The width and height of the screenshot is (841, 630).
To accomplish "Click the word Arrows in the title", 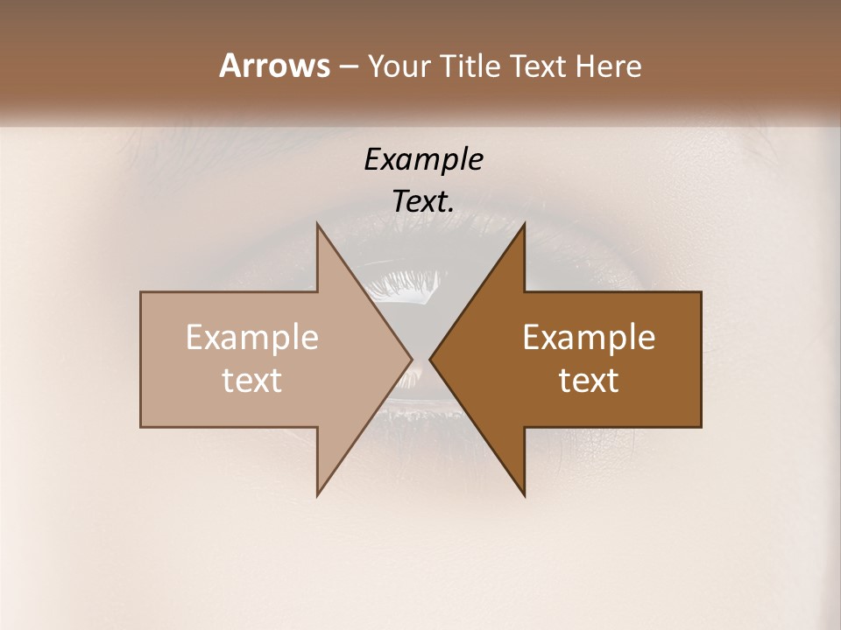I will [x=274, y=66].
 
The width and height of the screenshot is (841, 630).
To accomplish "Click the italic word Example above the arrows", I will [x=423, y=160].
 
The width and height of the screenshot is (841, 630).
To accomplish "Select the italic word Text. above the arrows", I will [x=423, y=202].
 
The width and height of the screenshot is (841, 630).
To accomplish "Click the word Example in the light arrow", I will [x=251, y=338].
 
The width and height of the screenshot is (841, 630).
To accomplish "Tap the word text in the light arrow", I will [x=251, y=381].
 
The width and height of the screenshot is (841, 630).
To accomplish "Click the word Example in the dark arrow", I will [x=589, y=338].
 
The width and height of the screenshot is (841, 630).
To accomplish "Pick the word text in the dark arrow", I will [x=589, y=381].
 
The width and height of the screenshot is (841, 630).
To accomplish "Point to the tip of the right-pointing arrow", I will [x=412, y=359].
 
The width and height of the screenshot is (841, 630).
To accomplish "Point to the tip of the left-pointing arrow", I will [x=430, y=359].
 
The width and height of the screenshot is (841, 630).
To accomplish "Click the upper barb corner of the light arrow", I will [x=318, y=224].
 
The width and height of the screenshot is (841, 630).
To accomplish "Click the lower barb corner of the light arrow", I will [x=318, y=495].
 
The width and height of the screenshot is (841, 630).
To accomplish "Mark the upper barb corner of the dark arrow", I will [x=524, y=224].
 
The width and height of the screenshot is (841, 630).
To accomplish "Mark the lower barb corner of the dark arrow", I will [x=524, y=495].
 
